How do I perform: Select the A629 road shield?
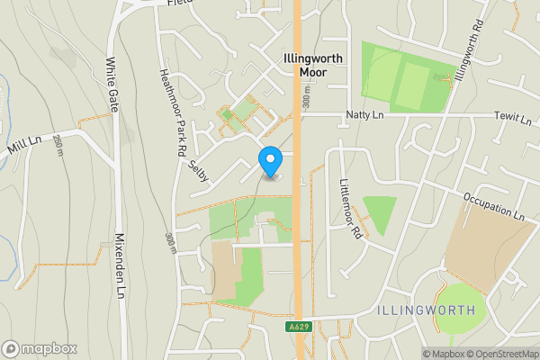point(301,326)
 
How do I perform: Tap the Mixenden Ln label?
point(120,266)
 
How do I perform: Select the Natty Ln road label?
point(364,115)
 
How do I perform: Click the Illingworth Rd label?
point(470,50)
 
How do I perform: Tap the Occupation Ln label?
point(494,206)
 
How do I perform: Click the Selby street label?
point(199,171)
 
